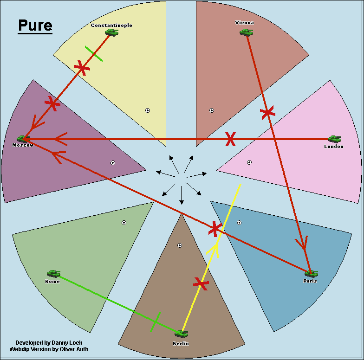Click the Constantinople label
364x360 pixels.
[111, 25]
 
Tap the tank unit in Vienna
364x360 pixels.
[246, 32]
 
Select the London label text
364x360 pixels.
[333, 147]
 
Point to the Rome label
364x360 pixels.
[52, 282]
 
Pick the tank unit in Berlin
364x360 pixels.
[182, 333]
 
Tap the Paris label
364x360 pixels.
[310, 281]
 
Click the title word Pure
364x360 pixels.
[35, 26]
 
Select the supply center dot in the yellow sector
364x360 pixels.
[148, 110]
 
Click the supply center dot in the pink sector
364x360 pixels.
[249, 162]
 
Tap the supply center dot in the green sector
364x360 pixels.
[124, 223]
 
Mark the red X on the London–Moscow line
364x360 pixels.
[230, 139]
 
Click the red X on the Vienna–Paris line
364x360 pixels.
[267, 112]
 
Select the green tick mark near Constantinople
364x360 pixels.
[94, 54]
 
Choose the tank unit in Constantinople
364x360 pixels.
[111, 32]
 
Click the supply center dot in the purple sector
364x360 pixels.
[113, 163]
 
